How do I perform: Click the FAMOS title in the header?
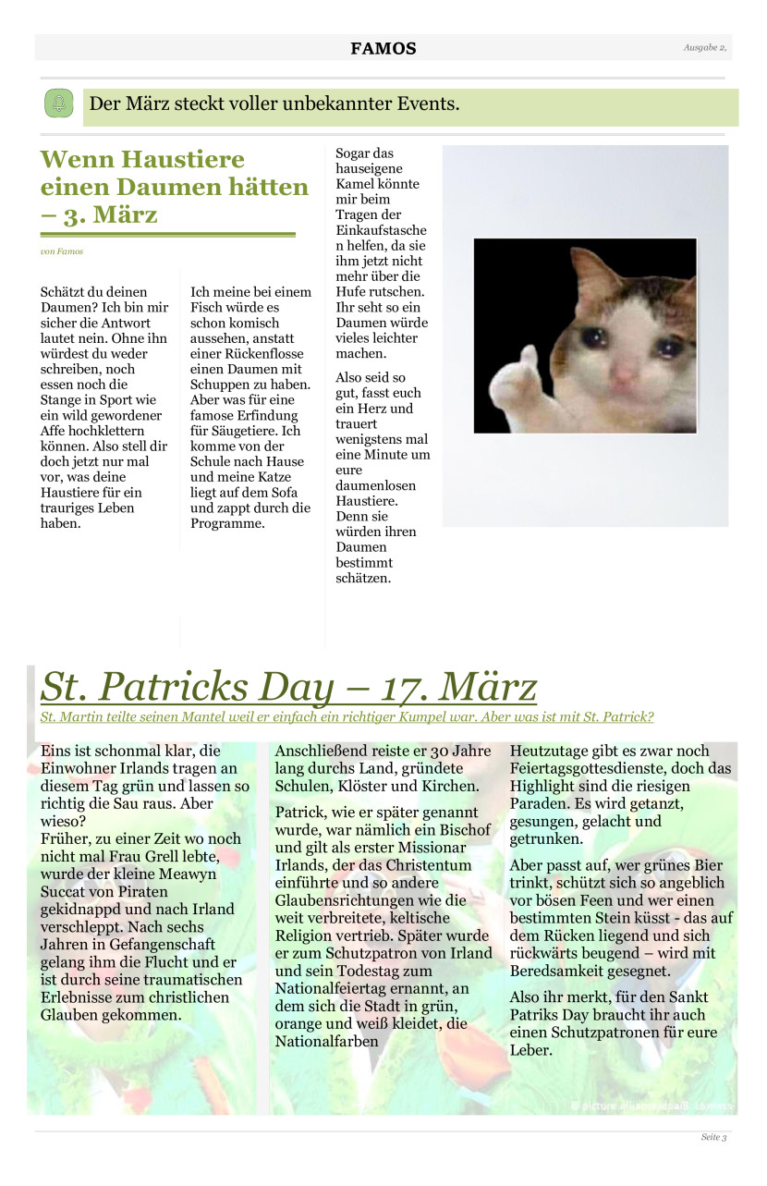[383, 49]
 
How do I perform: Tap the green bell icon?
[58, 104]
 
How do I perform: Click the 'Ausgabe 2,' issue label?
[705, 47]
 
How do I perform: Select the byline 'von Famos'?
[62, 251]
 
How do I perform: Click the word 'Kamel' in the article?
[355, 184]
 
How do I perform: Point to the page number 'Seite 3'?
[713, 1137]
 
